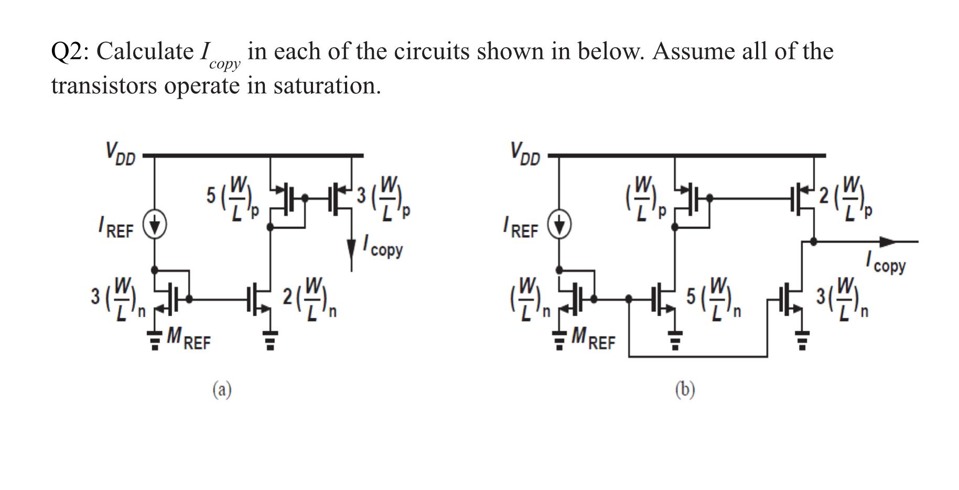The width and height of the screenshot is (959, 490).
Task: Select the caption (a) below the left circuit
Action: click(222, 390)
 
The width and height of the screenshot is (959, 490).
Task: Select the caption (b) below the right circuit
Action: click(685, 390)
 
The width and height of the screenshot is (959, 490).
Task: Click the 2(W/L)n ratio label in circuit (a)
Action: click(309, 300)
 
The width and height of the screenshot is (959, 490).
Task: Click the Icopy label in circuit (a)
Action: click(383, 247)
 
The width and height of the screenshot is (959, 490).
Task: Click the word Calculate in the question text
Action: click(145, 51)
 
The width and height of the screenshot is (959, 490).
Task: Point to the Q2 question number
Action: click(65, 51)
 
